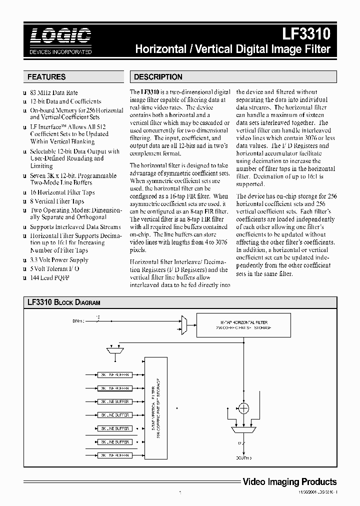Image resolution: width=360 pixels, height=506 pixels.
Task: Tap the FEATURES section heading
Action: pos(46,77)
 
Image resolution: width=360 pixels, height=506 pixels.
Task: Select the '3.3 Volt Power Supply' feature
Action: pos(59,260)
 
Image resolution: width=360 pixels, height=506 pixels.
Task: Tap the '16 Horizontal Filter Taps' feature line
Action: pos(62,192)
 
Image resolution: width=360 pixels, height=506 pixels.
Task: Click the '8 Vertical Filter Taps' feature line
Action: pos(57,201)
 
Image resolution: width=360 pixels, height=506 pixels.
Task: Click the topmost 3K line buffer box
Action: pos(114,374)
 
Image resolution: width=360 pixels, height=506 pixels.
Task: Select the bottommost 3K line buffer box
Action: pos(114,455)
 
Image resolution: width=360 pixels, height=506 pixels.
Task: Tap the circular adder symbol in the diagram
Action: pos(243,408)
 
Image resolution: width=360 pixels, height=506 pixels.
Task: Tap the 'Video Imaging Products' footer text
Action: pos(289,482)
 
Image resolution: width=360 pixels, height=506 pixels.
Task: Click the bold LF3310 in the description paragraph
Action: pos(150,92)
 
